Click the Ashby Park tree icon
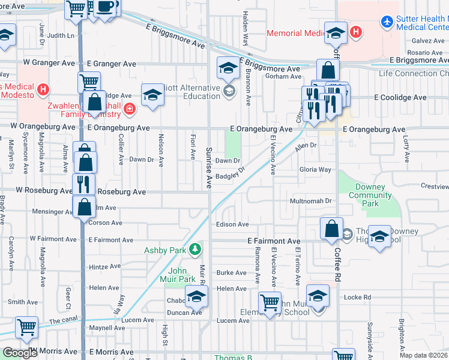tap(194, 249)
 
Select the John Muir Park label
tap(178, 275)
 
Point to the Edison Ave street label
tap(232, 224)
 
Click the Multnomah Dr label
tap(311, 200)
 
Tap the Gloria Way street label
tap(315, 170)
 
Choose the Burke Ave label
tap(232, 272)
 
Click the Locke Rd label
tap(358, 297)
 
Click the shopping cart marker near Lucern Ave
tap(26, 328)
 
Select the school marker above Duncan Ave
tap(196, 296)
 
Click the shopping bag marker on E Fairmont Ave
tap(331, 229)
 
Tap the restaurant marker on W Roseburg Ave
tap(83, 184)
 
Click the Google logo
tap(20, 353)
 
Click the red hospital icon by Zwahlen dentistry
tap(129, 109)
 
